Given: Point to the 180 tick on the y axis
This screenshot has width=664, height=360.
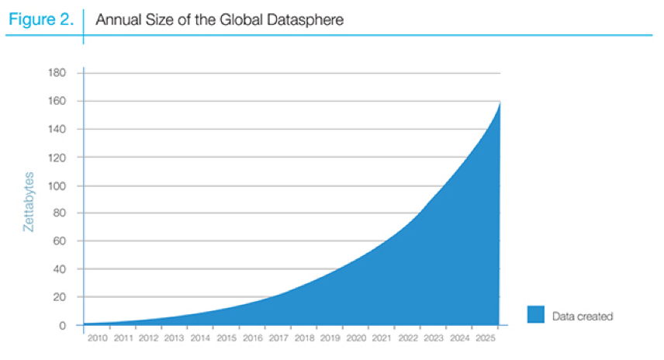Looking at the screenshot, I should tap(57, 73).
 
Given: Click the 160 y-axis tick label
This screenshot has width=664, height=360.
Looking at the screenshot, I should tap(57, 101).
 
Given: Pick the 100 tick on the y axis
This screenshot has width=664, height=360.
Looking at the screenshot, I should tap(57, 185).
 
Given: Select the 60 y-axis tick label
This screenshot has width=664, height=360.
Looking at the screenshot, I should tap(60, 241).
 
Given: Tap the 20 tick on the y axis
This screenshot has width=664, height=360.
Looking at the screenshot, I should tap(60, 297).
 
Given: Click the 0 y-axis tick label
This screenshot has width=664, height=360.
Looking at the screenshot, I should tap(63, 325).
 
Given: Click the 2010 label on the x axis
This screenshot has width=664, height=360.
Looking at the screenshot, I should tap(97, 339).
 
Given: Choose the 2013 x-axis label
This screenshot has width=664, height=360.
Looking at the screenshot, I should tap(175, 339).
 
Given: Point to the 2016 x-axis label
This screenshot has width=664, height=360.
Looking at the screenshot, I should tap(252, 339).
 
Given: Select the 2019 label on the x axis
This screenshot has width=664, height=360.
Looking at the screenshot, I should tap(330, 339).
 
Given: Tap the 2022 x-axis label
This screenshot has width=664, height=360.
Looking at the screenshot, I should tap(407, 339).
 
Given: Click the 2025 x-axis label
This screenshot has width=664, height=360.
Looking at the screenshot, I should tap(484, 339).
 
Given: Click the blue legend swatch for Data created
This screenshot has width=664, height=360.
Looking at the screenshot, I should tap(535, 314).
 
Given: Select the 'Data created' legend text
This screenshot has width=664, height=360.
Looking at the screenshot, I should tap(583, 316).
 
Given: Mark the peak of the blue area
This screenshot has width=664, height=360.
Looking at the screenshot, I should tap(500, 103).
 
